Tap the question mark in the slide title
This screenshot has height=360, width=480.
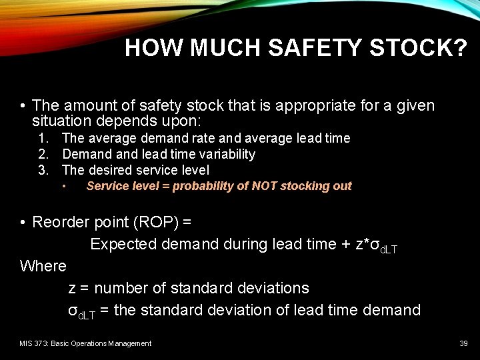point(459,48)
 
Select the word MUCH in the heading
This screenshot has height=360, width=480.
point(232,48)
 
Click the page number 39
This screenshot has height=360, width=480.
point(463,343)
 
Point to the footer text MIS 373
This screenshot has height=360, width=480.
point(35,343)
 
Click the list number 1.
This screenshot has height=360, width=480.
point(43,138)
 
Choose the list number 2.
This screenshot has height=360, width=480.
point(43,154)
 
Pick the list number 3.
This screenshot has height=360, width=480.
point(43,170)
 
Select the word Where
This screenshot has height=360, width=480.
point(43,266)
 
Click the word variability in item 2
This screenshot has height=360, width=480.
point(225,154)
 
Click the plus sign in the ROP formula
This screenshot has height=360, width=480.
point(345,244)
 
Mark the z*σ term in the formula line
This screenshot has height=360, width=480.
point(367,244)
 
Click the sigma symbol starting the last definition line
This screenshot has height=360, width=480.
point(73,310)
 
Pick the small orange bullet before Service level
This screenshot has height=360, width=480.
point(64,187)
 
